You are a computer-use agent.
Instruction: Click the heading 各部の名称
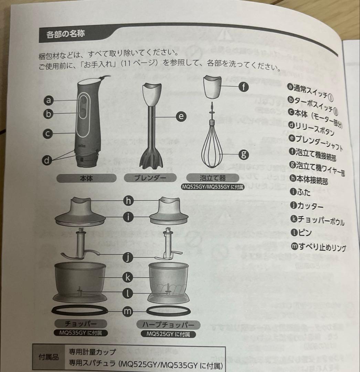(65, 34)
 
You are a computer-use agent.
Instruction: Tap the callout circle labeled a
(49, 100)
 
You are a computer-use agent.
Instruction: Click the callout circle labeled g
(244, 154)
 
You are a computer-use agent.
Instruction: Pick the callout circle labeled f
(243, 87)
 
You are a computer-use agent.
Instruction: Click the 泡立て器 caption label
(213, 178)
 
